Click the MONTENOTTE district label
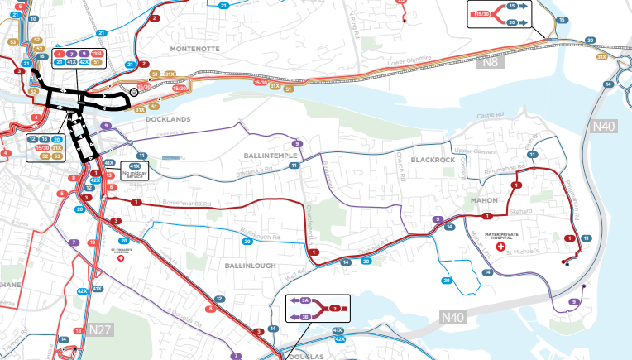coord(198,49)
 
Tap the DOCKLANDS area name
coord(168,120)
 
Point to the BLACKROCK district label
coord(433,159)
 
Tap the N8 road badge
coord(491,62)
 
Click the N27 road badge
coord(99,329)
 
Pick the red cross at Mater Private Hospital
coord(500,247)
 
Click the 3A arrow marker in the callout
coord(304,300)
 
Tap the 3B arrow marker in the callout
coord(304,316)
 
